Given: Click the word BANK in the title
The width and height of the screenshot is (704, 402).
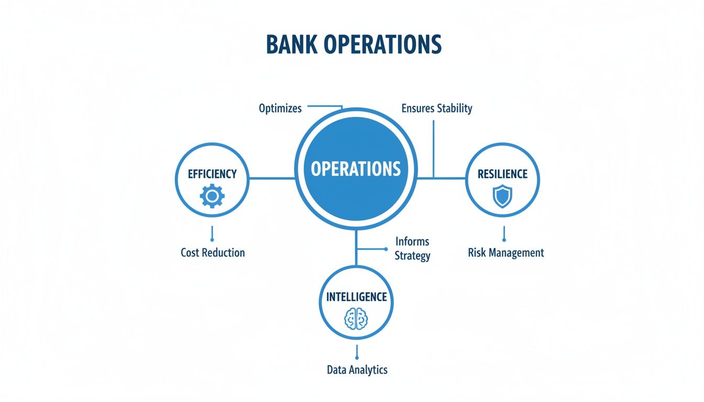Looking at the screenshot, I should tap(291, 45).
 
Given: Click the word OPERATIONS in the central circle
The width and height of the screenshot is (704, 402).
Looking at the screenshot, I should tap(356, 169).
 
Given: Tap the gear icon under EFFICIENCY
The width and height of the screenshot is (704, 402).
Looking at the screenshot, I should tap(212, 196).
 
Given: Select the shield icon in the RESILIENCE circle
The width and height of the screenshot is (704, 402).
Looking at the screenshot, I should tap(502, 197).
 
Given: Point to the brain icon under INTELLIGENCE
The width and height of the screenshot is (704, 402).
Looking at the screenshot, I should tap(356, 318).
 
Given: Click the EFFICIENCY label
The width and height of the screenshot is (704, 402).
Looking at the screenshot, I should tap(212, 174).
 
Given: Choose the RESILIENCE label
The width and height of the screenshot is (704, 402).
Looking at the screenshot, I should tap(502, 174).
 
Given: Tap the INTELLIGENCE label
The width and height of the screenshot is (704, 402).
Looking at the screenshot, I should tap(356, 297).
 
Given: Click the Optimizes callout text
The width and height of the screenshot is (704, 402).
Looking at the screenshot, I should tap(280, 108).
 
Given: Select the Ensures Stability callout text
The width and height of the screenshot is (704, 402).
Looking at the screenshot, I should tap(437, 108).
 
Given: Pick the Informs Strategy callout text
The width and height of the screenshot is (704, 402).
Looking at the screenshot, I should tap(412, 249).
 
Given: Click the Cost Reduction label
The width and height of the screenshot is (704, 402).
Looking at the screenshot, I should tap(213, 252).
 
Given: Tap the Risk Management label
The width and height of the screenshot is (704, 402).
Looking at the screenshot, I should tap(505, 253).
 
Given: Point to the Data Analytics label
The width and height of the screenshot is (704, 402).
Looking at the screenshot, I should tap(357, 370).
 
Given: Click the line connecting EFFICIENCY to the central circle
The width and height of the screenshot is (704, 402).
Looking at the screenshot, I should tap(271, 178).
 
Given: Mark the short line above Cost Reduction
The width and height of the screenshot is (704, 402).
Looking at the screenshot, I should tap(212, 233).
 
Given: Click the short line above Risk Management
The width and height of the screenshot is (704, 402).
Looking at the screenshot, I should tap(503, 233).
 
